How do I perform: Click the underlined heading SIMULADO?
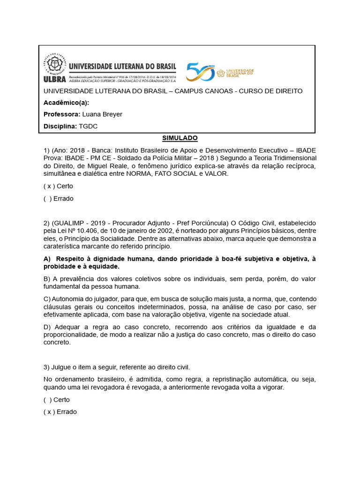point(180,138)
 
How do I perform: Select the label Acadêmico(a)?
point(66,103)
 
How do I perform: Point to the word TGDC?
point(88,126)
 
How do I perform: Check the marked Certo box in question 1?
point(49,186)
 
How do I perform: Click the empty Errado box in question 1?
point(48,198)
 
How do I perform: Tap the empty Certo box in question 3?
point(48,400)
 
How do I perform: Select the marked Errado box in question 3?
point(49,412)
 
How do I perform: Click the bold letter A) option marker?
point(47,259)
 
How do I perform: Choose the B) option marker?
point(47,278)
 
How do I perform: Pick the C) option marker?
point(47,299)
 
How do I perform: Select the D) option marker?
point(47,327)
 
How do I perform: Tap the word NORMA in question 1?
point(140,174)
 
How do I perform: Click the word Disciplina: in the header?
point(60,126)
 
